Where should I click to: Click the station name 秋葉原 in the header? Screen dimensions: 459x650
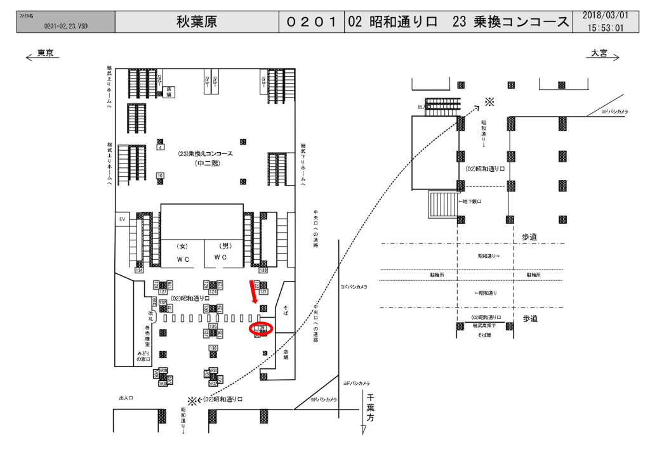[197, 22]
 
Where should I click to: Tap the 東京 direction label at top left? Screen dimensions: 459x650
[44, 53]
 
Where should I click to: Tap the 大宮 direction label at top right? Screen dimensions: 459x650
[599, 53]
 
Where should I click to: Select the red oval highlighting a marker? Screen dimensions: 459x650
[260, 328]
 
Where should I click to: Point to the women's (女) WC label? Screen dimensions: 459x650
[183, 245]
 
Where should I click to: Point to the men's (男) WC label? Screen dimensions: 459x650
[224, 245]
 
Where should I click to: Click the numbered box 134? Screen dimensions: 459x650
[140, 271]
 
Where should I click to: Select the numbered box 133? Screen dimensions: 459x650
[263, 271]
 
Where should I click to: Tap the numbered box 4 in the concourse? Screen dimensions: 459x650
[160, 148]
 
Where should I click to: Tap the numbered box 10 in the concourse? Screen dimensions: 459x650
[160, 175]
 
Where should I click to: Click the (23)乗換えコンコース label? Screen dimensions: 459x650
[203, 154]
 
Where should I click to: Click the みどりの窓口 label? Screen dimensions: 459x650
[141, 356]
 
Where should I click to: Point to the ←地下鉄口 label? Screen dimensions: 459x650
[470, 201]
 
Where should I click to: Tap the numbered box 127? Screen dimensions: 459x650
[162, 291]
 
